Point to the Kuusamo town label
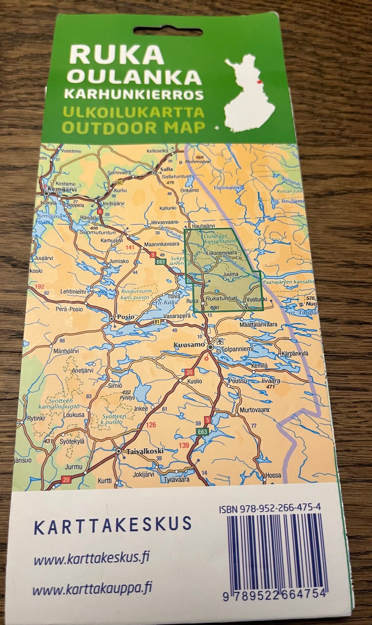pyautogui.click(x=189, y=344)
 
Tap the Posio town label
pyautogui.click(x=126, y=317)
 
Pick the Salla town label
pyautogui.click(x=167, y=169)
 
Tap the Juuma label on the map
pyautogui.click(x=231, y=275)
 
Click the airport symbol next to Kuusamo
pyautogui.click(x=220, y=341)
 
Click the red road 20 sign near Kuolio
pyautogui.click(x=189, y=373)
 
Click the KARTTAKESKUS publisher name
pyautogui.click(x=113, y=524)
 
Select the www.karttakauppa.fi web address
pyautogui.click(x=92, y=590)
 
